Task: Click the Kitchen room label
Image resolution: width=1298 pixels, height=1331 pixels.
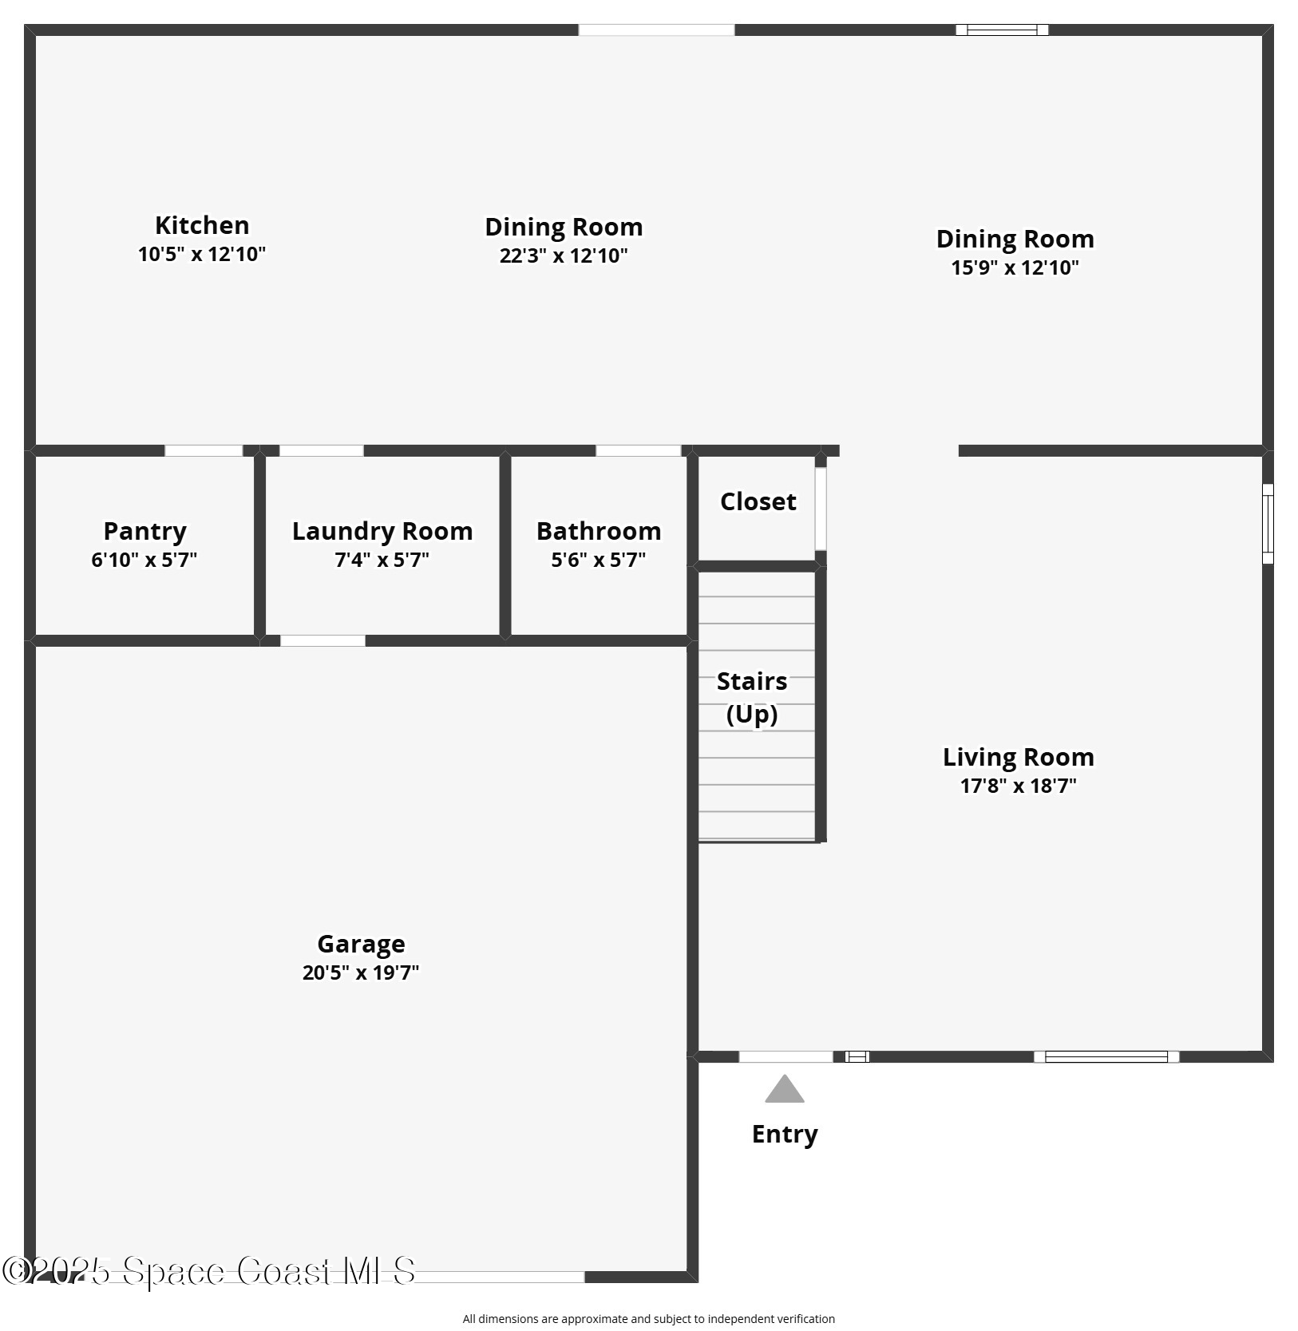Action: tap(202, 225)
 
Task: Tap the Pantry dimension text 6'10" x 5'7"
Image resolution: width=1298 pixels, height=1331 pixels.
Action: tap(144, 560)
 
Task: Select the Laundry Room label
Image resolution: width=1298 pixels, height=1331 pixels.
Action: tap(382, 531)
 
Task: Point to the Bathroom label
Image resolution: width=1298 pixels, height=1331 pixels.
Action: tap(598, 531)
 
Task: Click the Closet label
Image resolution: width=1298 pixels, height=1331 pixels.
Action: tap(758, 501)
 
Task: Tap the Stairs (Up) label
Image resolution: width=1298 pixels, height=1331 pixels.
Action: tap(752, 697)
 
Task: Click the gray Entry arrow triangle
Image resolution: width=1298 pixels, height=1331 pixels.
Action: tap(785, 1090)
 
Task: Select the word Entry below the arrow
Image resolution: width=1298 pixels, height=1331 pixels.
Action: tap(785, 1134)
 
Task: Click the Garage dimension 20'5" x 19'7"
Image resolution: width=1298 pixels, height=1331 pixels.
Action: tap(361, 973)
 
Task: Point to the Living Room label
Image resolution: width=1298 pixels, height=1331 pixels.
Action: tap(1018, 757)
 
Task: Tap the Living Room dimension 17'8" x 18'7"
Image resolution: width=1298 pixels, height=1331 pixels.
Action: tap(1018, 786)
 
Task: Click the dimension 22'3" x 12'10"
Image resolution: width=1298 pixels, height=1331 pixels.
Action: tap(564, 256)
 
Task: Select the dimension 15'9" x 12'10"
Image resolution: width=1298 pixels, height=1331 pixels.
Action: tap(1015, 267)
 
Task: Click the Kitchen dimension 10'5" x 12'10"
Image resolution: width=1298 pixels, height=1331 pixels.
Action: tap(202, 254)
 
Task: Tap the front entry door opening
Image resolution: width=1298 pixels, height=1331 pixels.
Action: tap(786, 1057)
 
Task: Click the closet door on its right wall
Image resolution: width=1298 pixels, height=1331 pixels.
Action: tap(820, 509)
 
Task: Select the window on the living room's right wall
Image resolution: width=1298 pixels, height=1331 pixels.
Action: tap(1267, 523)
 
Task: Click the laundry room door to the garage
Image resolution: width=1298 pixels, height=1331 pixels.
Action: tap(323, 640)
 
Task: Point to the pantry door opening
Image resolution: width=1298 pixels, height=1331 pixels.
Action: tap(204, 450)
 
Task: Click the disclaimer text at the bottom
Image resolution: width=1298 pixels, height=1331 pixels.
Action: tap(648, 1318)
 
